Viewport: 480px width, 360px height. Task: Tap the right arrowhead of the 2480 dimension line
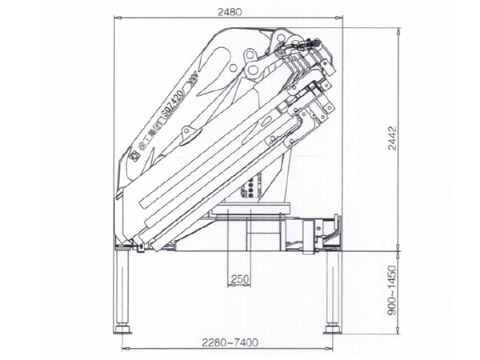point(342,17)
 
